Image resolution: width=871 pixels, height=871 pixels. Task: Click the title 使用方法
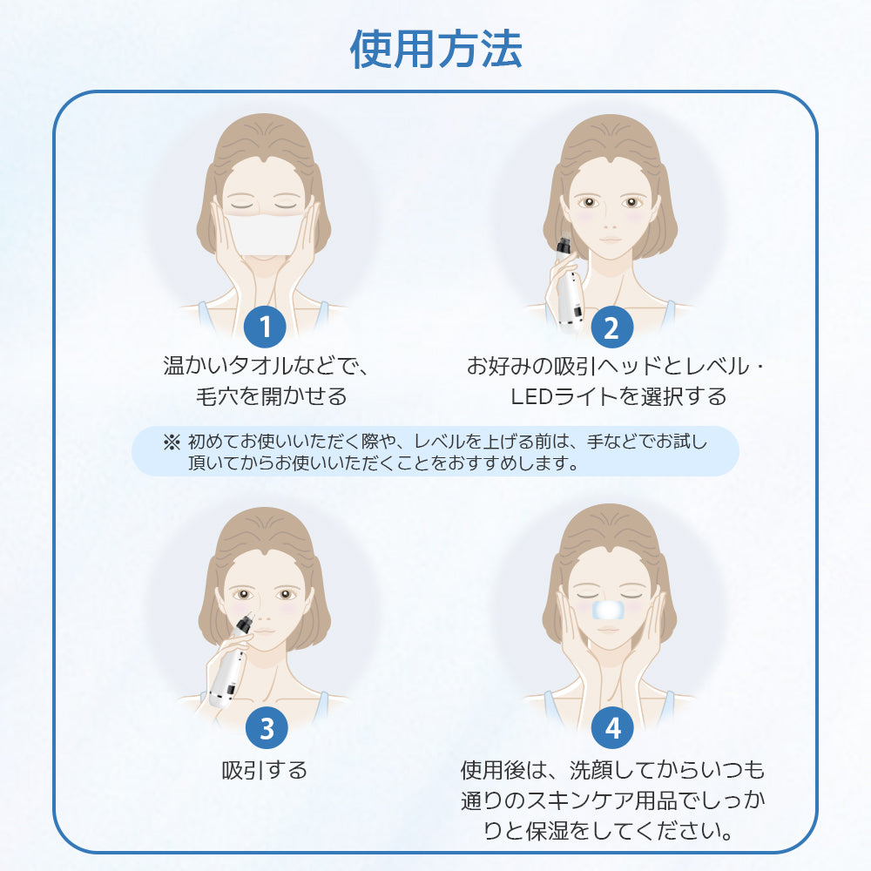point(435,50)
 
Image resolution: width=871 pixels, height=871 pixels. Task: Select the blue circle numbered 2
point(610,328)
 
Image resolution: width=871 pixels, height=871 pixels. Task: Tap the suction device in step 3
point(231,666)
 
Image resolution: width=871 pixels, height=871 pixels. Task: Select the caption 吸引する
point(265,771)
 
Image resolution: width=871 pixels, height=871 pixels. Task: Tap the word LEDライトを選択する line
point(618,397)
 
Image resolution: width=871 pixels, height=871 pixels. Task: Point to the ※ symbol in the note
point(171,442)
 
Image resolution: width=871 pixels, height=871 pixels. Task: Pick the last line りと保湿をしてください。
point(608,832)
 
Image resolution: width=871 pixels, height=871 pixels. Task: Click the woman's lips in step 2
point(610,241)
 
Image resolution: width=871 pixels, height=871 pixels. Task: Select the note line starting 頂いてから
point(383,463)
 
